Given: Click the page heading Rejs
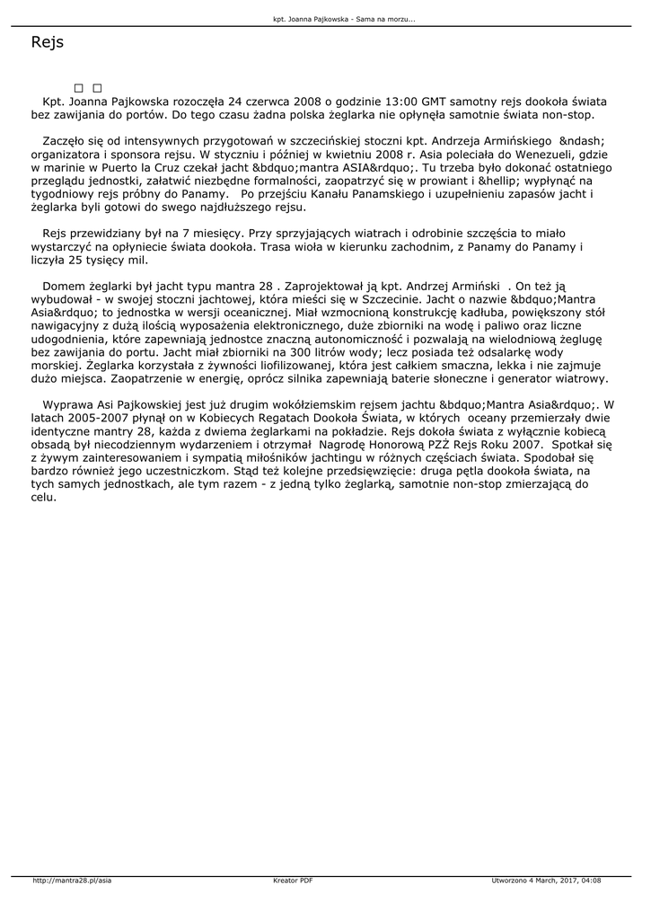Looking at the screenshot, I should (x=47, y=42).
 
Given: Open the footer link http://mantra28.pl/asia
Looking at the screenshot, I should (x=72, y=880).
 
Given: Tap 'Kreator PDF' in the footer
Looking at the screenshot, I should (x=293, y=880).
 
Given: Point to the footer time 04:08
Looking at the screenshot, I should (x=591, y=880).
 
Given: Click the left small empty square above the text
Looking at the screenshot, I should (x=79, y=88).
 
